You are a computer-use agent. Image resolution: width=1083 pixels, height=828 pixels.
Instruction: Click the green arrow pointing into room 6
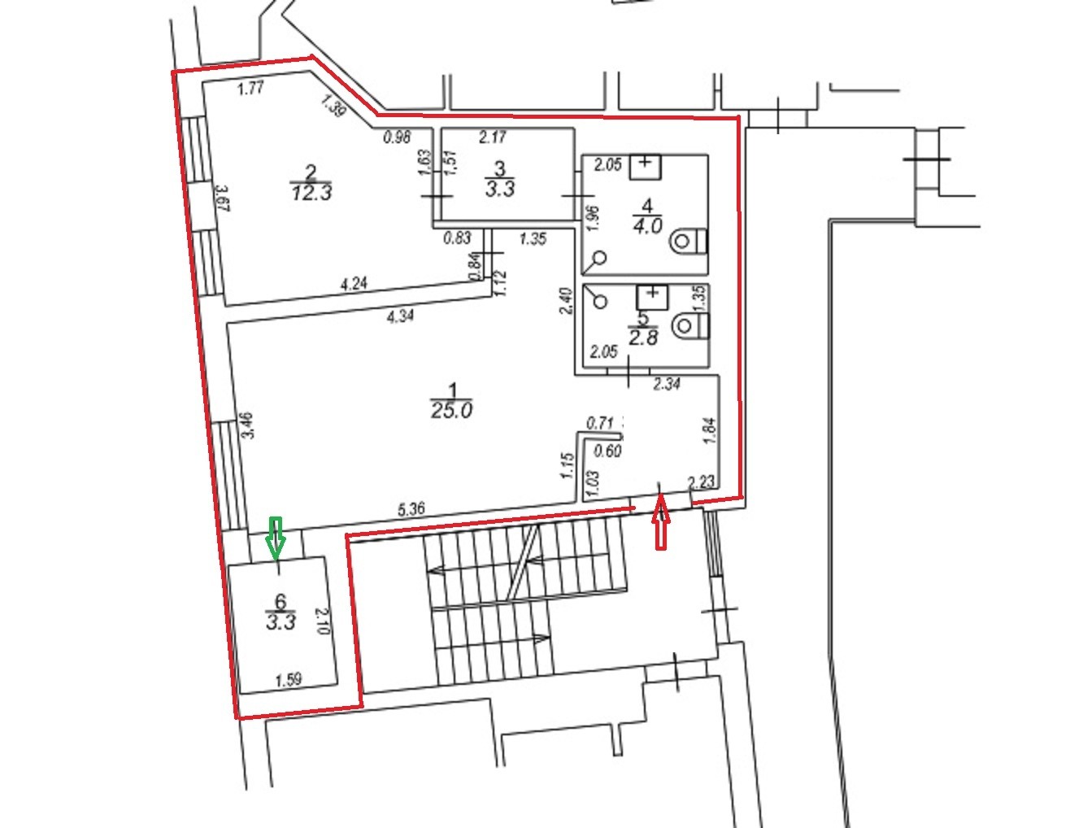click(x=276, y=538)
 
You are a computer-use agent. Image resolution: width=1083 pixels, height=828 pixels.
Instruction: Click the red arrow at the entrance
click(x=660, y=521)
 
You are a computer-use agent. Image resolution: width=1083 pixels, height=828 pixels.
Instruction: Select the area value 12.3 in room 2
click(x=311, y=192)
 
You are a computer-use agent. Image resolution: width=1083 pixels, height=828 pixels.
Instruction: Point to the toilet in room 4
click(x=689, y=242)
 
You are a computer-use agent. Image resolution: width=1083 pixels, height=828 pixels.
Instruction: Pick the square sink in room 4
click(x=645, y=168)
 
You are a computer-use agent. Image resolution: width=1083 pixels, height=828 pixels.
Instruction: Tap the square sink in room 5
click(x=652, y=298)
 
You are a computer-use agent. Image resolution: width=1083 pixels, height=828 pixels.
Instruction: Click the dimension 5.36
click(x=411, y=508)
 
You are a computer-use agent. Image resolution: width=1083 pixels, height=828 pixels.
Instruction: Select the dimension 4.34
click(x=400, y=316)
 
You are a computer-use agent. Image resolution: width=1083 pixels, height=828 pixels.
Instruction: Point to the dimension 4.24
click(x=354, y=284)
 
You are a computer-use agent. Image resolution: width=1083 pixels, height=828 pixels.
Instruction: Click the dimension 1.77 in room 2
click(x=250, y=89)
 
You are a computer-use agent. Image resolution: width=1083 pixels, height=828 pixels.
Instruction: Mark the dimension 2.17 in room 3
click(x=492, y=137)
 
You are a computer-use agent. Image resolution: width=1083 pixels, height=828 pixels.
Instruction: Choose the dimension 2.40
click(x=568, y=301)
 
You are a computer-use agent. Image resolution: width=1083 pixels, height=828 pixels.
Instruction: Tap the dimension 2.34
click(x=666, y=383)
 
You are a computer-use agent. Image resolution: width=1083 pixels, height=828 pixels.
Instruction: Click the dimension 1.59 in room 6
click(x=288, y=680)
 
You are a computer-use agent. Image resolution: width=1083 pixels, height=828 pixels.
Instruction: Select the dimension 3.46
click(x=248, y=425)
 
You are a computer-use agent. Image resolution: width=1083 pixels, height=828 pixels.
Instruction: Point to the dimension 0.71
click(x=599, y=423)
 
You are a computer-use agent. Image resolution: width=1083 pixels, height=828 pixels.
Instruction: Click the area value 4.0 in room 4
click(x=647, y=226)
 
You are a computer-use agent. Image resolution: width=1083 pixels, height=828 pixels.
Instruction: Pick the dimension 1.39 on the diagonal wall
click(x=333, y=106)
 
